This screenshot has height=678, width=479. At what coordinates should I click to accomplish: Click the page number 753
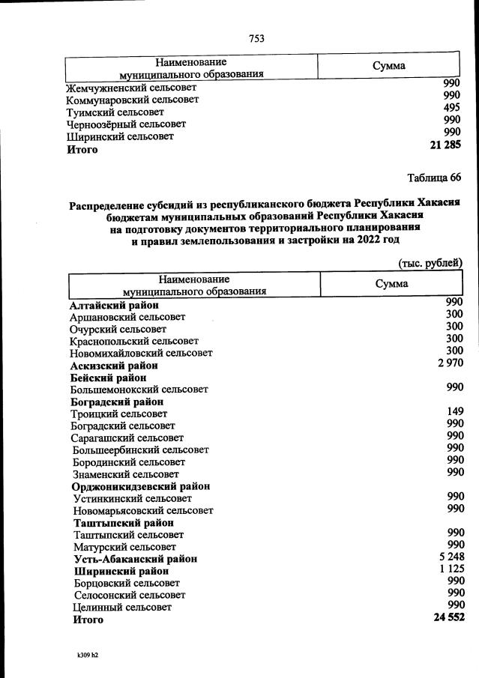pyautogui.click(x=256, y=38)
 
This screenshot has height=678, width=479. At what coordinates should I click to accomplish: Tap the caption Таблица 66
pyautogui.click(x=434, y=178)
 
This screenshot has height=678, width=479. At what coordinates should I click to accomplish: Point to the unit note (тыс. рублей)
pyautogui.click(x=430, y=262)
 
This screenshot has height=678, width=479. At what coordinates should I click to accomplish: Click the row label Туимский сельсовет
pyautogui.click(x=115, y=112)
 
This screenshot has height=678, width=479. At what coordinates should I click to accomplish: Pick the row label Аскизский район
pyautogui.click(x=114, y=366)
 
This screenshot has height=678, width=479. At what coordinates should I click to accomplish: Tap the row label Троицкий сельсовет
pyautogui.click(x=118, y=414)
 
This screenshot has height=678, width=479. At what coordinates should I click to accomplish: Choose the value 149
pyautogui.click(x=454, y=411)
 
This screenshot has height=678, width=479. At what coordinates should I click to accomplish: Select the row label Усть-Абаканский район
pyautogui.click(x=136, y=559)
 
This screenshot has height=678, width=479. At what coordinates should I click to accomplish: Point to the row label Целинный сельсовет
pyautogui.click(x=122, y=608)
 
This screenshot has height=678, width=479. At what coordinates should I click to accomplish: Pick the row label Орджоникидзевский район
pyautogui.click(x=140, y=486)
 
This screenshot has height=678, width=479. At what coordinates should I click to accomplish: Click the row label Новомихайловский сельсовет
pyautogui.click(x=141, y=353)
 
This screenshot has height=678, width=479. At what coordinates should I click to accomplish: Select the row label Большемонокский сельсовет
pyautogui.click(x=139, y=390)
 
